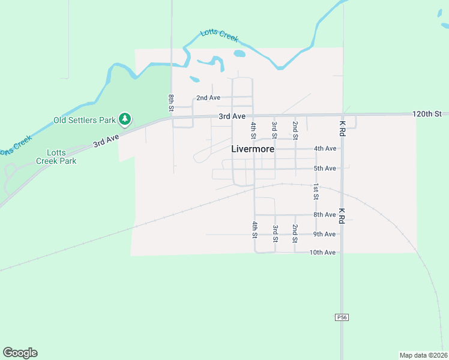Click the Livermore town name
coord(253,149)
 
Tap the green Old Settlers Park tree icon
coord(125,120)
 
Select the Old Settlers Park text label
coord(84,120)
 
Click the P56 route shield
coord(342,317)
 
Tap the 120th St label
coord(427,113)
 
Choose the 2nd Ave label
coord(208,98)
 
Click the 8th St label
coord(171,103)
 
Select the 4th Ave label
coord(325,149)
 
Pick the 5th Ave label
coord(325,169)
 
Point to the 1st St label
coord(316,192)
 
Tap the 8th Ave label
coord(325,215)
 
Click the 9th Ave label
coord(325,234)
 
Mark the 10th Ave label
coord(322,253)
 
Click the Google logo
coord(20,353)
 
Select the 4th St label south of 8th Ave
coord(255,229)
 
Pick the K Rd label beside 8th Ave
coord(342,216)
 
